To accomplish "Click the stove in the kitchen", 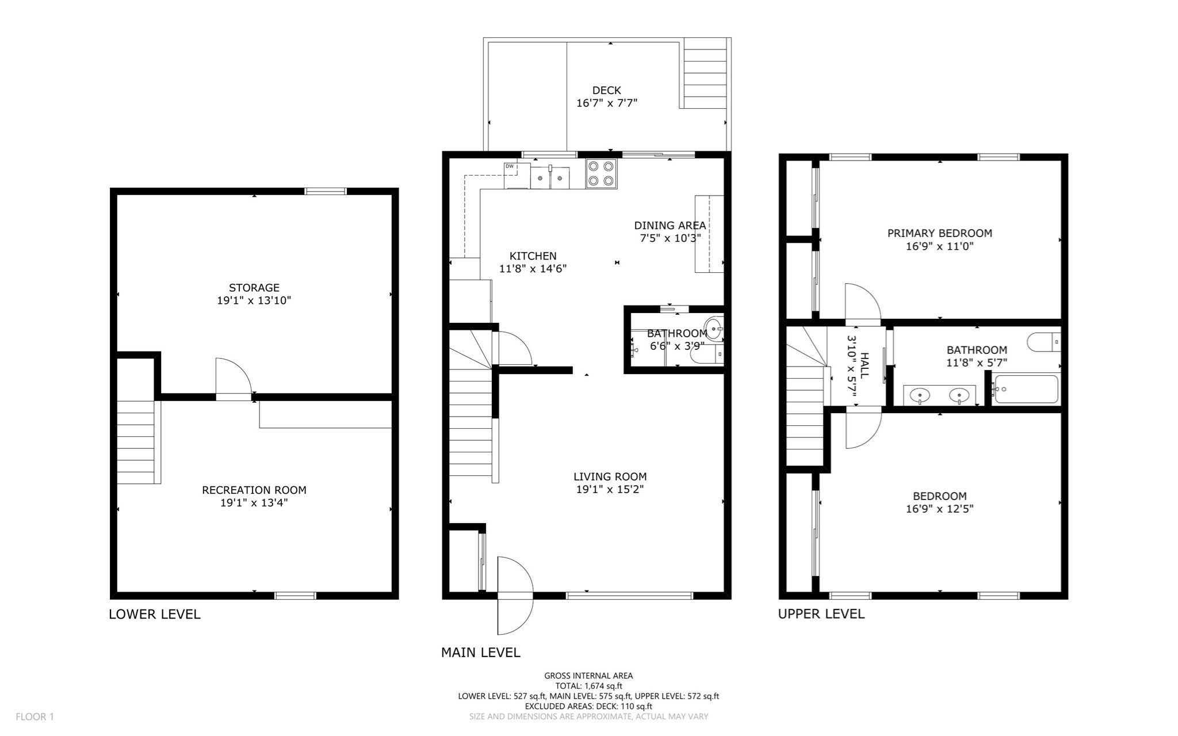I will click(x=601, y=174).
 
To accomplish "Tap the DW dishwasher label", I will click(x=509, y=166).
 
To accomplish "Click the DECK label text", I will click(x=606, y=90).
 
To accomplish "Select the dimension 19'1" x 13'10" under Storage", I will click(x=254, y=300).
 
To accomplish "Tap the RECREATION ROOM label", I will click(x=254, y=490).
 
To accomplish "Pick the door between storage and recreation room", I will click(x=233, y=379).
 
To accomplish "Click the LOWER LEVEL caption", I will click(x=154, y=614).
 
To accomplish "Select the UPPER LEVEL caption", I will click(x=821, y=613).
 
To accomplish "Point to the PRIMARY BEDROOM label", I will click(x=939, y=233).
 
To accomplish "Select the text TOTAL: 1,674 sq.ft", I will click(x=588, y=686).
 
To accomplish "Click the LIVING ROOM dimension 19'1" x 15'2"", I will click(x=610, y=489).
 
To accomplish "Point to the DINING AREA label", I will click(x=670, y=225).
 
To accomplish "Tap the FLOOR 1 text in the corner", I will click(x=35, y=716).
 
